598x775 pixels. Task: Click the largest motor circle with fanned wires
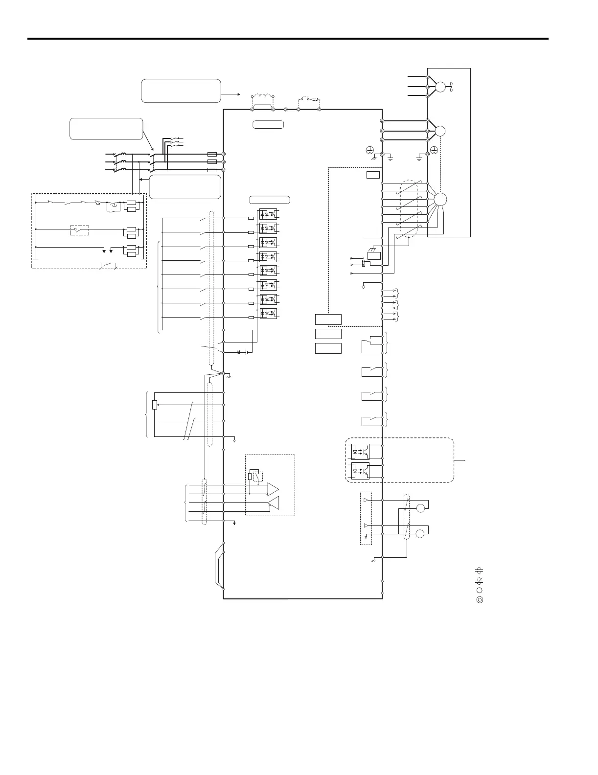[x=440, y=199]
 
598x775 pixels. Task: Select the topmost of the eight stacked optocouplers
[x=268, y=214]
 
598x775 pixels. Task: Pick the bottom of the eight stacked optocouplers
[x=268, y=313]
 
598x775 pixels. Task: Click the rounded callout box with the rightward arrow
[x=181, y=91]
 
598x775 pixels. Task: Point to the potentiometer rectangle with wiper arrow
[x=155, y=405]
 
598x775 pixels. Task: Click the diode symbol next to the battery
[x=239, y=352]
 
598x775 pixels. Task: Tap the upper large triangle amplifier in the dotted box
[x=273, y=488]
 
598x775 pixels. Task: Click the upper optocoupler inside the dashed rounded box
[x=361, y=452]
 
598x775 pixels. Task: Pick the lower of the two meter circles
[x=420, y=533]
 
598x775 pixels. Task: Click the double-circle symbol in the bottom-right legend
[x=480, y=599]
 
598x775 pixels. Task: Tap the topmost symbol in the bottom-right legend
[x=480, y=570]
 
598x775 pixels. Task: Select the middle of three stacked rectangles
[x=328, y=334]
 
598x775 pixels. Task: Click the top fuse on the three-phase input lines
[x=212, y=154]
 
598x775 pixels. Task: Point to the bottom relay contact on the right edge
[x=371, y=420]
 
